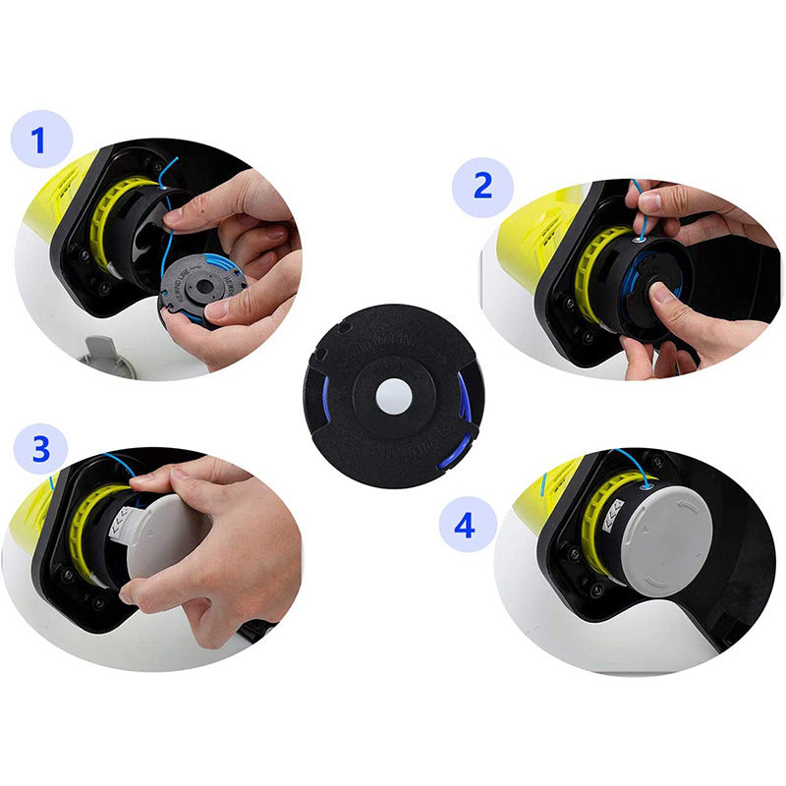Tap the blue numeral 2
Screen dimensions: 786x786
coord(482,185)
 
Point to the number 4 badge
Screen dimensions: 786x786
coord(464,526)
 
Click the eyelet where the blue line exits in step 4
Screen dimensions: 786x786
coord(647,481)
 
